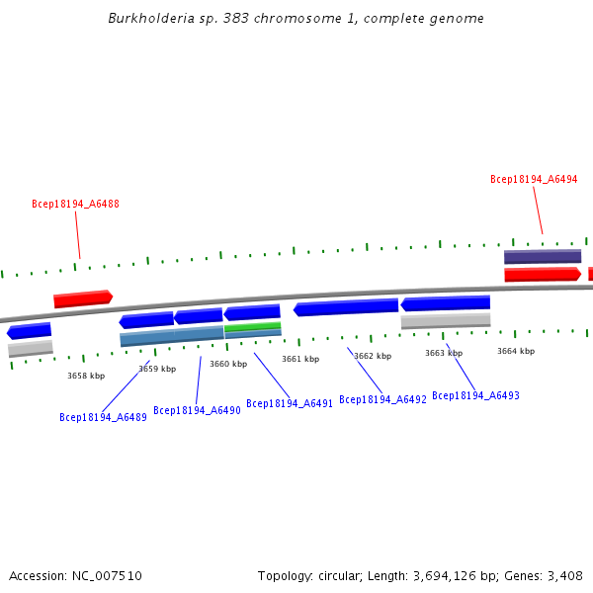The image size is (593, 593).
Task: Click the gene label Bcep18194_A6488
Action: (75, 205)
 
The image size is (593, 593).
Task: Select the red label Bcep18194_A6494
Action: (534, 180)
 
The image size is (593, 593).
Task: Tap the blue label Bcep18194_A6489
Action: (103, 417)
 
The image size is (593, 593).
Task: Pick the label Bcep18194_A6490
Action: (197, 410)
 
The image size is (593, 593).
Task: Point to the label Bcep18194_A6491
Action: (290, 403)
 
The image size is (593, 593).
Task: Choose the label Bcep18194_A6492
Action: (382, 399)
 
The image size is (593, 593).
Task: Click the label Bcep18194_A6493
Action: (475, 395)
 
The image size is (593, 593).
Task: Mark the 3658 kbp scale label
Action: (86, 376)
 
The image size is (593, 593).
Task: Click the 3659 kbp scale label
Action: (157, 369)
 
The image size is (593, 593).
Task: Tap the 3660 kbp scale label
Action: (228, 364)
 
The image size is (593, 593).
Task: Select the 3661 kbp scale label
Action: (300, 359)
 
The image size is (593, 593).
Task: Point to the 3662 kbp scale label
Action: (373, 356)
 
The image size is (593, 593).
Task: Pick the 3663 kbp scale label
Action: (444, 353)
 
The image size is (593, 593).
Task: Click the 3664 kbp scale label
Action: (516, 351)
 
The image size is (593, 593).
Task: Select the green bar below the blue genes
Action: (252, 326)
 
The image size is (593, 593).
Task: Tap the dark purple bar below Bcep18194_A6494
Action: (543, 257)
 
